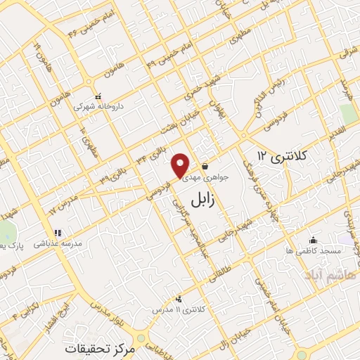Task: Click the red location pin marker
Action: tap(181, 165)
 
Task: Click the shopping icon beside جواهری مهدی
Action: tap(204, 167)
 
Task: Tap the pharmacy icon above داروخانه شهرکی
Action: tap(98, 96)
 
